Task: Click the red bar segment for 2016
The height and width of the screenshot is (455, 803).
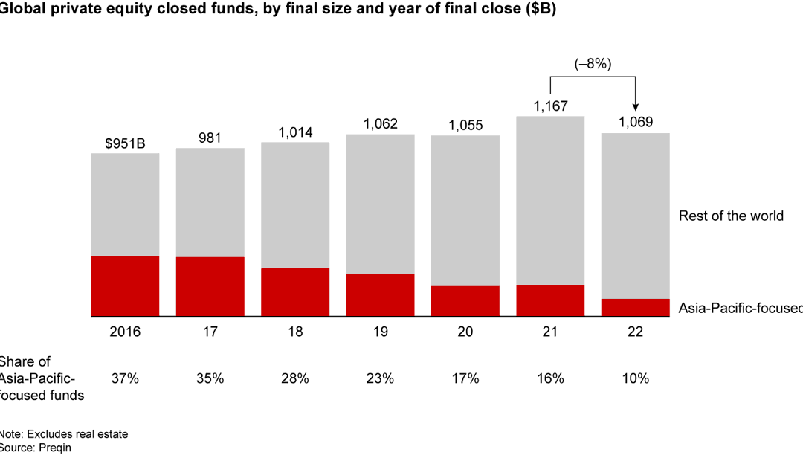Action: pos(125,286)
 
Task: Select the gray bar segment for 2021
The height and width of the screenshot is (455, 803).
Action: pos(549,201)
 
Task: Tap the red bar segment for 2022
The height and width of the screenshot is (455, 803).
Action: pos(635,308)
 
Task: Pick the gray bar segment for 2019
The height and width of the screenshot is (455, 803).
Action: pos(380,204)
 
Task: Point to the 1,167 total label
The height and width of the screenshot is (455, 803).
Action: pos(549,106)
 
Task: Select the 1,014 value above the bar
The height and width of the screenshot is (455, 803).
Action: pos(295,132)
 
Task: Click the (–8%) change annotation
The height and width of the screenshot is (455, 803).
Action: pos(593,64)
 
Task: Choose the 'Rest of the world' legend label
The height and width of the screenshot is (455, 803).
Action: pos(731,216)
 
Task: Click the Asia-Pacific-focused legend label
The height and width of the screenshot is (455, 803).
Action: pos(740,307)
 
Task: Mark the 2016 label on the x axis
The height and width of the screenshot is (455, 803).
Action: pos(125,332)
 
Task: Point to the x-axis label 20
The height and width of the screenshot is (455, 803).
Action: pos(465,332)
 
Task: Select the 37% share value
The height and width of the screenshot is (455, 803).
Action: pos(125,378)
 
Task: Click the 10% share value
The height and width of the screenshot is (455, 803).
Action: pos(635,378)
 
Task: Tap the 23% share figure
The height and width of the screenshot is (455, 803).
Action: pos(380,378)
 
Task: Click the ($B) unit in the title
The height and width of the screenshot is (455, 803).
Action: pos(539,10)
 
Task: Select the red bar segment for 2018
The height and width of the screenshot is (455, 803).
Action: pos(295,292)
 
